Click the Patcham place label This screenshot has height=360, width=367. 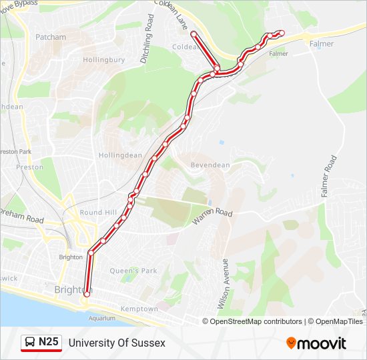click(51, 37)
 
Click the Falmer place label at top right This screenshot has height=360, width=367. click(322, 43)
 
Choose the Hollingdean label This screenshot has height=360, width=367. click(120, 155)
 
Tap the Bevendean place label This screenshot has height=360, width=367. click(210, 165)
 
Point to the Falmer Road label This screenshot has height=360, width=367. click(329, 177)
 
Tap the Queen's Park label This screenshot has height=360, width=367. click(133, 271)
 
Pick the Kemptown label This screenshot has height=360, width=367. click(139, 309)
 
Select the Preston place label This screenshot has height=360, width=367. click(29, 167)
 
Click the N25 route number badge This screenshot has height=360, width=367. click(41, 343)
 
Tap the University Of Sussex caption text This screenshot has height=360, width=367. click(117, 343)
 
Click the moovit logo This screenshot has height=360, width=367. click(316, 343)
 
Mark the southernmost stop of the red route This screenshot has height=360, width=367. click(87, 293)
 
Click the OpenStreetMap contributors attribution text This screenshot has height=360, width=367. click(256, 321)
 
